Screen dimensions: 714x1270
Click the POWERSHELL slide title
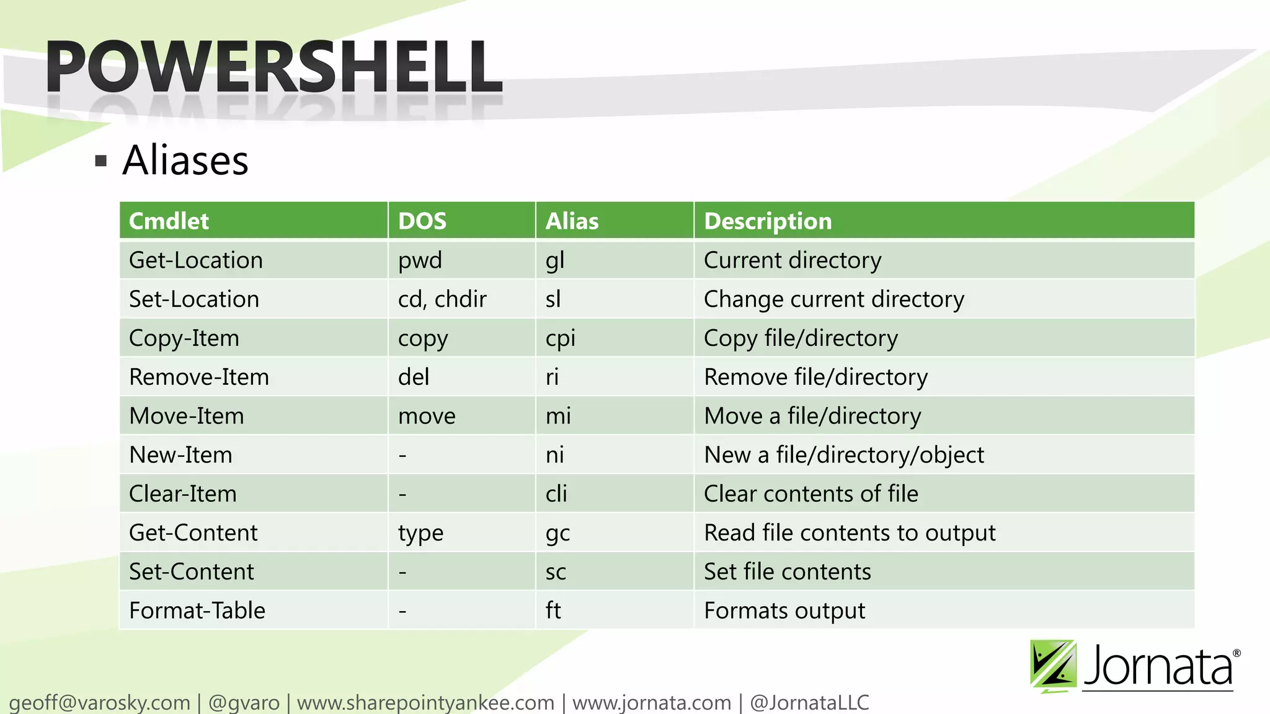(273, 67)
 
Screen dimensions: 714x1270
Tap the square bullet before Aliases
(101, 162)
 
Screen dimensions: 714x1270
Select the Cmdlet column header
(169, 221)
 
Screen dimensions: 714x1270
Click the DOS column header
(422, 221)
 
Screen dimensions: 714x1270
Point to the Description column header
(768, 221)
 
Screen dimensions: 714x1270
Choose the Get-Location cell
(196, 260)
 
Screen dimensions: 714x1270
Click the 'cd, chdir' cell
(442, 299)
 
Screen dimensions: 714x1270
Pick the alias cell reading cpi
(561, 338)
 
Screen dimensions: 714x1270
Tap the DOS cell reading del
(414, 377)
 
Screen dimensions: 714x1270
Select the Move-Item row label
(187, 416)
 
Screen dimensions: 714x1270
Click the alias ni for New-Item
(555, 455)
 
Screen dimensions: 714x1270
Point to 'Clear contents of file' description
(811, 494)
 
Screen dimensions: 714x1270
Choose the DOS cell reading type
(420, 533)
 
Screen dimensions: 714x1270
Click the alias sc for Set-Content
(556, 572)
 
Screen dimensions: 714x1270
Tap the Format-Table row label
(197, 610)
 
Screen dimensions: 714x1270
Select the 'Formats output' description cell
(784, 610)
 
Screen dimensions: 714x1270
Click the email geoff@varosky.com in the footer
(99, 703)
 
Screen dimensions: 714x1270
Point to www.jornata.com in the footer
(652, 703)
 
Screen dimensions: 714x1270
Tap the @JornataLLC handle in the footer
(809, 703)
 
